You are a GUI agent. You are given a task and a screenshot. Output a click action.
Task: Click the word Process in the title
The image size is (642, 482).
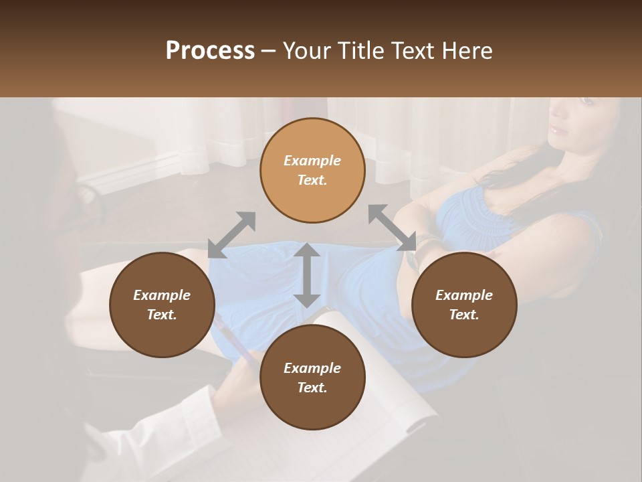coord(210,51)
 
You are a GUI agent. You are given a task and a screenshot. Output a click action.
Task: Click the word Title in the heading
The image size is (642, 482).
coord(358,51)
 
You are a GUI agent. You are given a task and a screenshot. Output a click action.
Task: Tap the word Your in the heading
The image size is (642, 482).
coord(308,51)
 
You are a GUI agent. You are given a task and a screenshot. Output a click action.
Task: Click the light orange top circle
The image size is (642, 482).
coord(312,170)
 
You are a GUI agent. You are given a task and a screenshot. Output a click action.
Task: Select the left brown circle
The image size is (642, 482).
coord(162,305)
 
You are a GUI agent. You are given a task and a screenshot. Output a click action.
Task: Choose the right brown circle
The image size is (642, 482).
coord(464,305)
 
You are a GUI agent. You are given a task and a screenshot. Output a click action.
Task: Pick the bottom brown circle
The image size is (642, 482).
coord(312,378)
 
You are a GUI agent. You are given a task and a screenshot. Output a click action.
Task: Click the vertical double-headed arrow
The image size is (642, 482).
coord(307,275)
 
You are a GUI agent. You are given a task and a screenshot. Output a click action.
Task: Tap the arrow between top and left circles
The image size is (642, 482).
coord(231,235)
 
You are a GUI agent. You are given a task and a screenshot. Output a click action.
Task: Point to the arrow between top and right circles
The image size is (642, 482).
coord(391,228)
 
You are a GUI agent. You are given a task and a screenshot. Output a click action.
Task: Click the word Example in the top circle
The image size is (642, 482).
coord(312,161)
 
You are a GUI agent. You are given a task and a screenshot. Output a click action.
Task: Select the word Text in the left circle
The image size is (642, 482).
coord(162,315)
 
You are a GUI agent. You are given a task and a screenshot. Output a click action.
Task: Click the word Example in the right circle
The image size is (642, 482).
coord(464,295)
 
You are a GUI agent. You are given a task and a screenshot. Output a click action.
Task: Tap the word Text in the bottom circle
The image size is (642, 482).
coord(312,388)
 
